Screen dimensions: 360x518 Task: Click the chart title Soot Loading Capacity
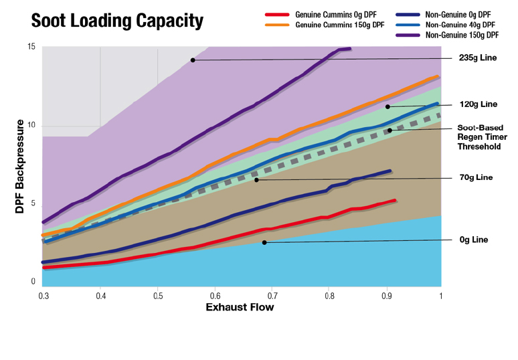pos(117,21)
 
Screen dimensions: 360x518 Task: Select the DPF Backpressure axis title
pos(21,167)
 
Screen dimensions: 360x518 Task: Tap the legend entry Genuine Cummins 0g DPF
pos(331,14)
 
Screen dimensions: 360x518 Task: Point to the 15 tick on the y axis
pos(31,47)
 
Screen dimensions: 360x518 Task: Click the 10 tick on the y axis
pos(31,126)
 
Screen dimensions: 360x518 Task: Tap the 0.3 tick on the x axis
pos(44,294)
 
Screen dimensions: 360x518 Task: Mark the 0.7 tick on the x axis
pos(272,294)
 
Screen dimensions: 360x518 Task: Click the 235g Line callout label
pos(479,58)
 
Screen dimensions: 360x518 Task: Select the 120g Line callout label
pos(479,104)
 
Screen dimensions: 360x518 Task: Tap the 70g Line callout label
pos(477,177)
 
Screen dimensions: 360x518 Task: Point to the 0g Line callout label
pos(474,240)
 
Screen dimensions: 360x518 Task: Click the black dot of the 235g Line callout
pos(193,60)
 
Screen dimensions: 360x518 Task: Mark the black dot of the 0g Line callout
pos(264,242)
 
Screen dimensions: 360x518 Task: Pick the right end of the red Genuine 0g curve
pos(396,200)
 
